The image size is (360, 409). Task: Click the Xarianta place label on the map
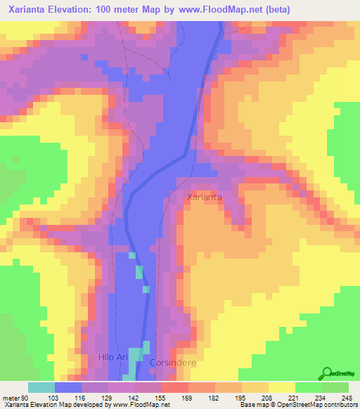click(205, 197)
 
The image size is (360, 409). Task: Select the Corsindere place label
click(172, 362)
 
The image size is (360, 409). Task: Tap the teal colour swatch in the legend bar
click(41, 388)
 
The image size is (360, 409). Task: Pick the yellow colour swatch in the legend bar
click(282, 388)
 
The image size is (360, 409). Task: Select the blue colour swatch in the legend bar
click(68, 388)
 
